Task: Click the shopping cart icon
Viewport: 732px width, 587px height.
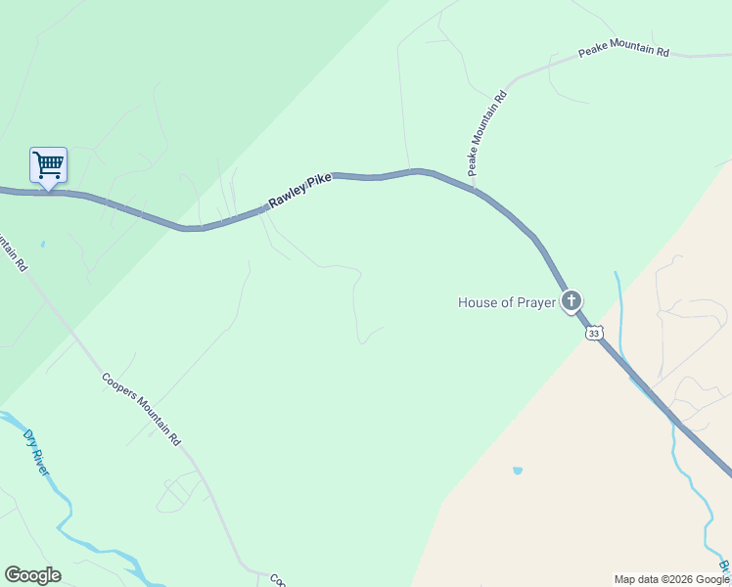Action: [x=48, y=164]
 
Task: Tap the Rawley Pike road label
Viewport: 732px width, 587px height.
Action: [x=300, y=193]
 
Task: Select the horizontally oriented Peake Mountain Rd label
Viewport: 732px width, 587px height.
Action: [x=622, y=50]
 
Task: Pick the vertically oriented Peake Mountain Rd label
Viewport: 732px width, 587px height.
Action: [x=486, y=132]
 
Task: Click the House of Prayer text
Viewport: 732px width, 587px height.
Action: [x=506, y=302]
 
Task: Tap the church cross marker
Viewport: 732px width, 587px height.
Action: [x=571, y=300]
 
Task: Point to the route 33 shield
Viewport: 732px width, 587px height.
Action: [x=594, y=334]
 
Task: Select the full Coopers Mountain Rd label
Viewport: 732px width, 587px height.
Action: [x=142, y=409]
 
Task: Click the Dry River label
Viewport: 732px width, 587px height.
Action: [x=36, y=452]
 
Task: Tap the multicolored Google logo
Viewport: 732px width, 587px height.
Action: [x=32, y=575]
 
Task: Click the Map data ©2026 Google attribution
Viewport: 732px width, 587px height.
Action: [x=671, y=579]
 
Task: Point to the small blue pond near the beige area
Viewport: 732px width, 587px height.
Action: [x=517, y=471]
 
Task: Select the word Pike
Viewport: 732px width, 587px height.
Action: [x=319, y=183]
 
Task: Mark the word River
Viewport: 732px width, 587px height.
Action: [x=40, y=462]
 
